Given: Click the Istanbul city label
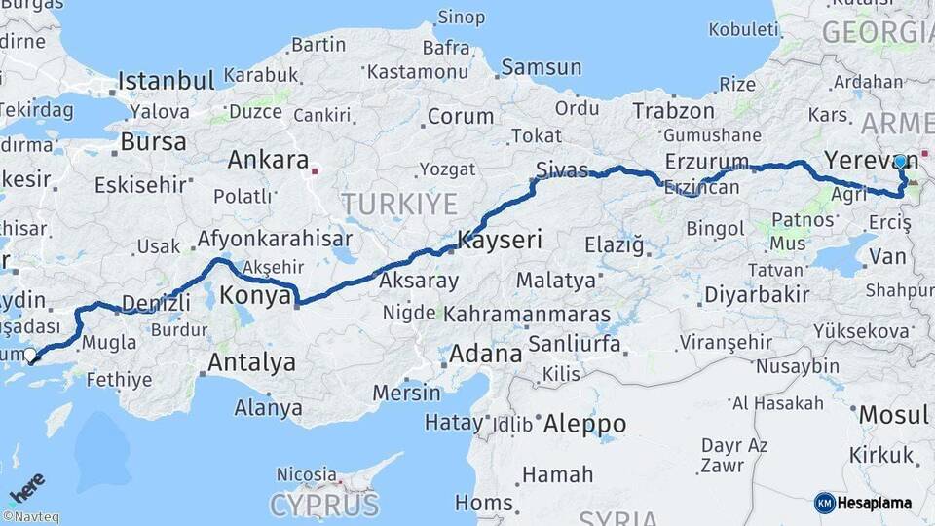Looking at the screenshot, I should [x=166, y=80].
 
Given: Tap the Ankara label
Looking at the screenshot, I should [x=268, y=160].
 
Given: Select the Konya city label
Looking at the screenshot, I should [x=256, y=294].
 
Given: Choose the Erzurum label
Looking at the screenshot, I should [x=707, y=161].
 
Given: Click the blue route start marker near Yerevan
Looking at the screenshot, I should [x=901, y=162].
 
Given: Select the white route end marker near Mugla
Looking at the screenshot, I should [x=31, y=356].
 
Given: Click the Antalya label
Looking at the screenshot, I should [x=251, y=363].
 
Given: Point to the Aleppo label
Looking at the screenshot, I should [x=584, y=424].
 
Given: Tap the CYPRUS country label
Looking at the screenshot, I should [x=323, y=505].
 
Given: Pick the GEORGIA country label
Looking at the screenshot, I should [x=878, y=32].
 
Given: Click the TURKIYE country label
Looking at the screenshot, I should [x=398, y=204].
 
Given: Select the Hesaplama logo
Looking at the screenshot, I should [x=863, y=503].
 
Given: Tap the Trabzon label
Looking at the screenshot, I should [x=673, y=111].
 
